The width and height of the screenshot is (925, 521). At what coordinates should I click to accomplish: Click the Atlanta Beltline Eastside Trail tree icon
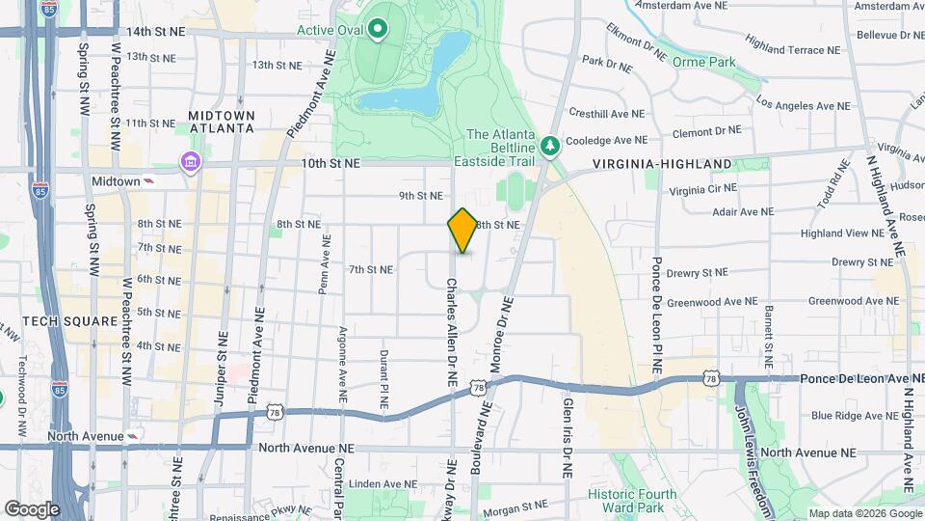(550, 146)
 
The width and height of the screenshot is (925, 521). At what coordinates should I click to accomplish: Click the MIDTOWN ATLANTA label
(222, 122)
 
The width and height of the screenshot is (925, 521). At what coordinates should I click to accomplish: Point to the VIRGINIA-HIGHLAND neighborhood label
(662, 164)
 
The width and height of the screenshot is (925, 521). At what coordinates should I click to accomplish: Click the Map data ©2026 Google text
(864, 513)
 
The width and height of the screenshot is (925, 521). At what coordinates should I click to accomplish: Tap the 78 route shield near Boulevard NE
(478, 387)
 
